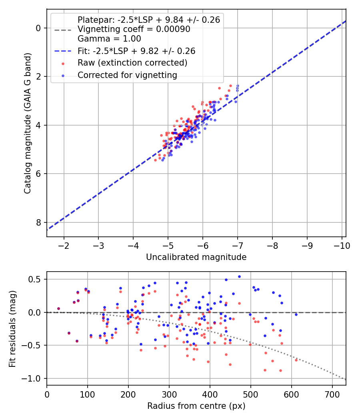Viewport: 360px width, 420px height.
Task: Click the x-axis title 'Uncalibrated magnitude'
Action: coord(196,257)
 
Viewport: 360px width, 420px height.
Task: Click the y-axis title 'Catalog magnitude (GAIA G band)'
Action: coord(28,123)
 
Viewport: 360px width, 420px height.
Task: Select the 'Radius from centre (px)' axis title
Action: coord(196,406)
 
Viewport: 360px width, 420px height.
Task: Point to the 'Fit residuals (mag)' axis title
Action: coord(12,329)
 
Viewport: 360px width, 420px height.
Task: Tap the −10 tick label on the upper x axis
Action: coord(342,246)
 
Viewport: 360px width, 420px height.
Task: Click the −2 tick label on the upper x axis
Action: coord(64,246)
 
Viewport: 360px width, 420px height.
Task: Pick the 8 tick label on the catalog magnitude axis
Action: coord(38,222)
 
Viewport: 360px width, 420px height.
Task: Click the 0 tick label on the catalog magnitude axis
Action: coord(38,28)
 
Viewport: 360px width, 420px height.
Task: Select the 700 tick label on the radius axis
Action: coord(332,395)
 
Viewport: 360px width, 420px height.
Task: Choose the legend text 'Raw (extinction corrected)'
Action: coord(132,63)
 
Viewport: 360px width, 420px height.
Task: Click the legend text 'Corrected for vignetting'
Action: coord(127,75)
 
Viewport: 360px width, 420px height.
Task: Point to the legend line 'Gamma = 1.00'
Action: coord(109,39)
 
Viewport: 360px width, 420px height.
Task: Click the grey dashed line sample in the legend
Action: coord(63,30)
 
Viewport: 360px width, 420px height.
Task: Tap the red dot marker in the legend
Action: coord(63,64)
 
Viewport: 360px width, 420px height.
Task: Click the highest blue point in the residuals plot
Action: coord(240,277)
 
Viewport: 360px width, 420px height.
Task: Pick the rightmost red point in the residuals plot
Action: coord(296,360)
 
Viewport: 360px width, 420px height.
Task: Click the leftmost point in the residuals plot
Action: coord(59,308)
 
